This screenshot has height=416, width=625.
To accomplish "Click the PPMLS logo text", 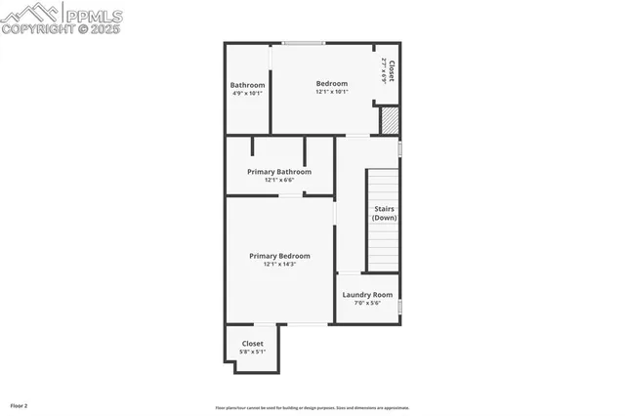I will (94, 15).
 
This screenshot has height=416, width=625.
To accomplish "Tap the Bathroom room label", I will (247, 85).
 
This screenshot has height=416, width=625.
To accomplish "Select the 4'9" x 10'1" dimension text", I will (247, 93).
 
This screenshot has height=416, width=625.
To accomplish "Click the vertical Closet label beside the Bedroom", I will (392, 70).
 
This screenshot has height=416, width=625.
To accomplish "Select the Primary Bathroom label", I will (279, 172).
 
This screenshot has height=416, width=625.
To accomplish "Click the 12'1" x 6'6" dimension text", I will (279, 180).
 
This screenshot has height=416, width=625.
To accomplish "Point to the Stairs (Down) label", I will (384, 213).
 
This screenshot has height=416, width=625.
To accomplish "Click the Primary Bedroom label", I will (279, 256).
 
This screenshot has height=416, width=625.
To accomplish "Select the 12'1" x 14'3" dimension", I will (279, 264).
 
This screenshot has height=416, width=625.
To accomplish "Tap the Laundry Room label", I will (367, 295).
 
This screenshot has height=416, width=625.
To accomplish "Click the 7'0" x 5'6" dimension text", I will (367, 303).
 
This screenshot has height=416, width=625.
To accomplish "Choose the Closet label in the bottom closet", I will (253, 344).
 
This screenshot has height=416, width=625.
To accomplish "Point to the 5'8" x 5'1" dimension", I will (253, 352).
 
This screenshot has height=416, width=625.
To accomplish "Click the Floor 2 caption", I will (19, 404).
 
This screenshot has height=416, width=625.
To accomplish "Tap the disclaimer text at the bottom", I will (312, 408).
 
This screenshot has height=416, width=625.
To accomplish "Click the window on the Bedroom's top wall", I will (304, 43).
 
